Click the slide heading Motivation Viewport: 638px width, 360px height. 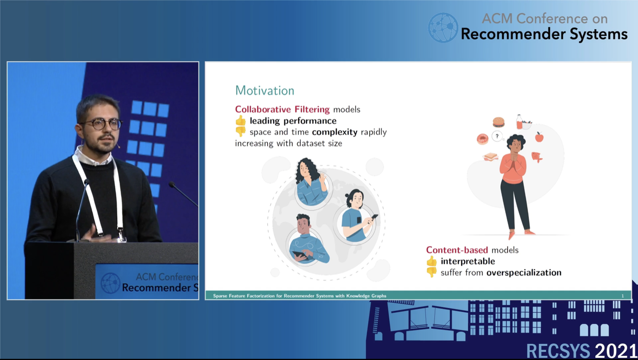tap(265, 90)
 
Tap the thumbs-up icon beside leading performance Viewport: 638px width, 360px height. tap(241, 120)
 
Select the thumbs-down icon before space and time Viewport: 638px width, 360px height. tap(241, 132)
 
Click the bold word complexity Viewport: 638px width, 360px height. tap(335, 132)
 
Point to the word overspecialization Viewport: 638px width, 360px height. tap(524, 273)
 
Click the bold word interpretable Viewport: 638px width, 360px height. tap(468, 261)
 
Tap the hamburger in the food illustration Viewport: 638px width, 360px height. tap(498, 122)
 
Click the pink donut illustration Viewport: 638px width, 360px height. tap(482, 139)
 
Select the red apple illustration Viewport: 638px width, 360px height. tap(539, 137)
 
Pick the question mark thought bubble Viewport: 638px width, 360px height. tap(497, 136)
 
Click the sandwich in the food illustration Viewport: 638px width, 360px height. tap(490, 156)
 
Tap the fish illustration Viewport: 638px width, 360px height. tap(537, 157)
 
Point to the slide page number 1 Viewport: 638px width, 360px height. tap(622, 296)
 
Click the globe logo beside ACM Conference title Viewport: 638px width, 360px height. tap(443, 27)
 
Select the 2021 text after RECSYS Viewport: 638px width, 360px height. tap(616, 351)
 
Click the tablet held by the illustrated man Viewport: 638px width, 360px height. tap(300, 255)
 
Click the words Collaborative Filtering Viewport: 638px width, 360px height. tap(282, 109)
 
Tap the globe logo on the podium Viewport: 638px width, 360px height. tap(110, 283)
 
